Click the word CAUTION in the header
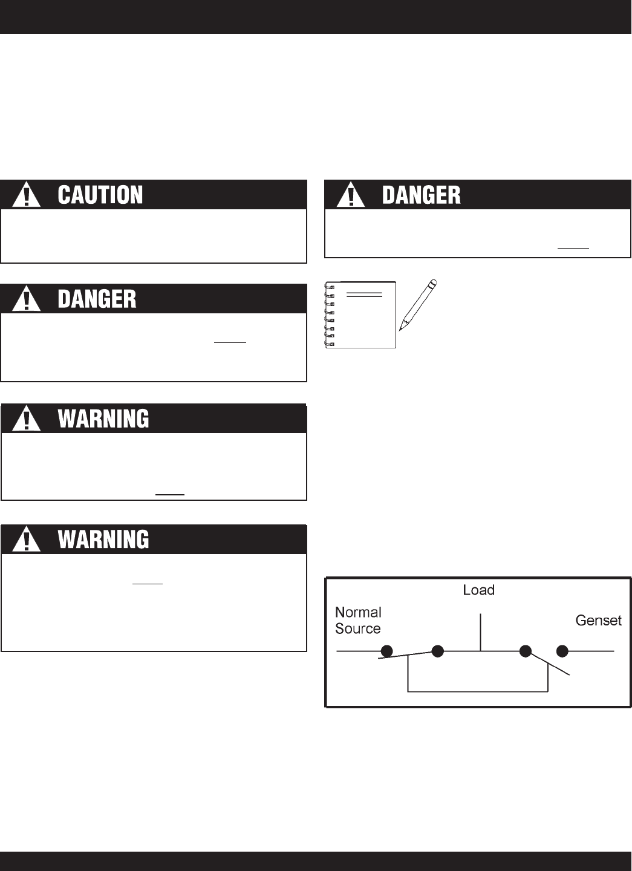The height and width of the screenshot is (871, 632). tap(100, 195)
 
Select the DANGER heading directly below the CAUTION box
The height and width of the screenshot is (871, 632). tap(97, 299)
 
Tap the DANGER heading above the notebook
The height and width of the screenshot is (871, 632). tap(421, 195)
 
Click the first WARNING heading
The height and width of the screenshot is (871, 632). tap(103, 419)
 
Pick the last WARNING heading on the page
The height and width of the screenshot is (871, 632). tap(103, 540)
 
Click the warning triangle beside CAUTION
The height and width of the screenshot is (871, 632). tap(25, 196)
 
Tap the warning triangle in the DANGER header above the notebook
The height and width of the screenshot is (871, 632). tap(351, 196)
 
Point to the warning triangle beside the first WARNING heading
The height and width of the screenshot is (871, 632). tap(25, 419)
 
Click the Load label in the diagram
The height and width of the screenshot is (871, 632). tap(478, 590)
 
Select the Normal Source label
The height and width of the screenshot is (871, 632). tap(358, 621)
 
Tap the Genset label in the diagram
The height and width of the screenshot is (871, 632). tap(598, 621)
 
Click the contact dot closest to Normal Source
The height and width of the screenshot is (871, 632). tap(386, 651)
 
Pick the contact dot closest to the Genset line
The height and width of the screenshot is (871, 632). tap(562, 651)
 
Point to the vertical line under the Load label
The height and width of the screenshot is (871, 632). tap(481, 633)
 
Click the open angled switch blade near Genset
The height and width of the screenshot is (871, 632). tap(550, 664)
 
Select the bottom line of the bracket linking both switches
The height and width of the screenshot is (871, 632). tap(478, 691)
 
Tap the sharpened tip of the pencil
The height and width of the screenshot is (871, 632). tap(401, 328)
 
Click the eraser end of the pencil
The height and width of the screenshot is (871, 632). tap(432, 282)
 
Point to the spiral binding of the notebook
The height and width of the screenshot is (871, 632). tap(330, 315)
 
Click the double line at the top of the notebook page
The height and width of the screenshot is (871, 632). tap(364, 295)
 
